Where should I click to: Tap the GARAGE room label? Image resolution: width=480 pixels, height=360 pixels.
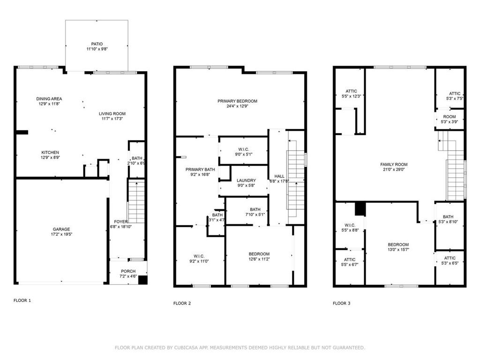click(61, 229)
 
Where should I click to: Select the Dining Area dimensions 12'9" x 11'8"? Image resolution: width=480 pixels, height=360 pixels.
click(49, 105)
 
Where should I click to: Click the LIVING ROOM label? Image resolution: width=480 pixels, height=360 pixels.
click(112, 113)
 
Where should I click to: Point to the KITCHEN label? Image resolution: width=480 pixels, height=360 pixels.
click(50, 152)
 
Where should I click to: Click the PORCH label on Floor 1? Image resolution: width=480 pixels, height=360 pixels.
click(128, 271)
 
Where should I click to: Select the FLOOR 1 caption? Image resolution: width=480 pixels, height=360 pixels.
click(22, 300)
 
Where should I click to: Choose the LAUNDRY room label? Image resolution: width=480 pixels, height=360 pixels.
click(246, 180)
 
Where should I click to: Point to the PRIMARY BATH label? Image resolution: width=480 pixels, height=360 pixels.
click(197, 169)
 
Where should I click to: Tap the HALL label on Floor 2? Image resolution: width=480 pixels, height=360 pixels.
click(279, 176)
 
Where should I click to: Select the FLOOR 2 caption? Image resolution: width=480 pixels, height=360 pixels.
click(182, 303)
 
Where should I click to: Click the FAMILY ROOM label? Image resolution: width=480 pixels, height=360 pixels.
click(394, 165)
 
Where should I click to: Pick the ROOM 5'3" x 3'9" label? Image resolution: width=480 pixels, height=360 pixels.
click(449, 117)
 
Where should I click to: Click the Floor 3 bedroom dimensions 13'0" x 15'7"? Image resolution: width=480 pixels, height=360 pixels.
click(398, 250)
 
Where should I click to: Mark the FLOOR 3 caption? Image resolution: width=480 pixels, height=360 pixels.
click(341, 303)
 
